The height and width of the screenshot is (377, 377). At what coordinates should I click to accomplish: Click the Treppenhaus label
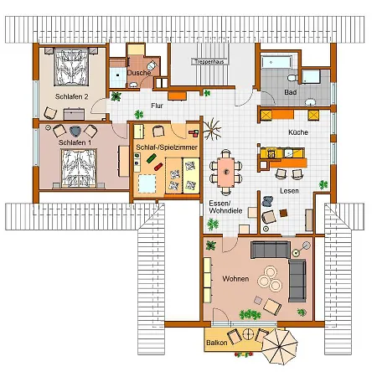[x=209, y=62]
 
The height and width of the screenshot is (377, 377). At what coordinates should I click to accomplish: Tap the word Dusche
[x=139, y=73]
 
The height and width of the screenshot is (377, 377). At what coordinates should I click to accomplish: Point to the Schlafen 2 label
[x=71, y=96]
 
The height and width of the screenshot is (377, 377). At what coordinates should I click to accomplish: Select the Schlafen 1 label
[x=75, y=142]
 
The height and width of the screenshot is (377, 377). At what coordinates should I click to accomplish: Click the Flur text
[x=157, y=106]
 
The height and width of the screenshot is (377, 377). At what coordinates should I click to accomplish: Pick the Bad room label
[x=291, y=92]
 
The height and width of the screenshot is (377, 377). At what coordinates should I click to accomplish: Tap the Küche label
[x=298, y=132]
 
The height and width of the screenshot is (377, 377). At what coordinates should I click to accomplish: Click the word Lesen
[x=289, y=191]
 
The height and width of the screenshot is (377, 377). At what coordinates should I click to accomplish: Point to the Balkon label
[x=216, y=343]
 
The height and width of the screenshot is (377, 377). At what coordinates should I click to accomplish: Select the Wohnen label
[x=235, y=279]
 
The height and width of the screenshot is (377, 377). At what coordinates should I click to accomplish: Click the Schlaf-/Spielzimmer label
[x=167, y=147]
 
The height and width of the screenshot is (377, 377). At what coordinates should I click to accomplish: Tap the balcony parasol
[x=280, y=347]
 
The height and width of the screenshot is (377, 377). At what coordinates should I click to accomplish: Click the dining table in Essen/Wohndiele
[x=226, y=172]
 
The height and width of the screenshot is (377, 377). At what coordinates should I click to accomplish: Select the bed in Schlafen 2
[x=71, y=67]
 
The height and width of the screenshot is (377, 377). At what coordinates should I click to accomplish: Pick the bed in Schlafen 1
[x=79, y=168]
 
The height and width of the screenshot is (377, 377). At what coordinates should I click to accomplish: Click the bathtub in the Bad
[x=276, y=62]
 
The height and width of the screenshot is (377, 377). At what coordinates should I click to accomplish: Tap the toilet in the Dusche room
[x=152, y=66]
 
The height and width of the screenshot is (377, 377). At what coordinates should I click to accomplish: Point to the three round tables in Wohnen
[x=270, y=279]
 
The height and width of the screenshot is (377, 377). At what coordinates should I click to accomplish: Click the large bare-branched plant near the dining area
[x=212, y=129]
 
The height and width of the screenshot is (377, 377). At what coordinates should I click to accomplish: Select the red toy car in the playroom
[x=158, y=167]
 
